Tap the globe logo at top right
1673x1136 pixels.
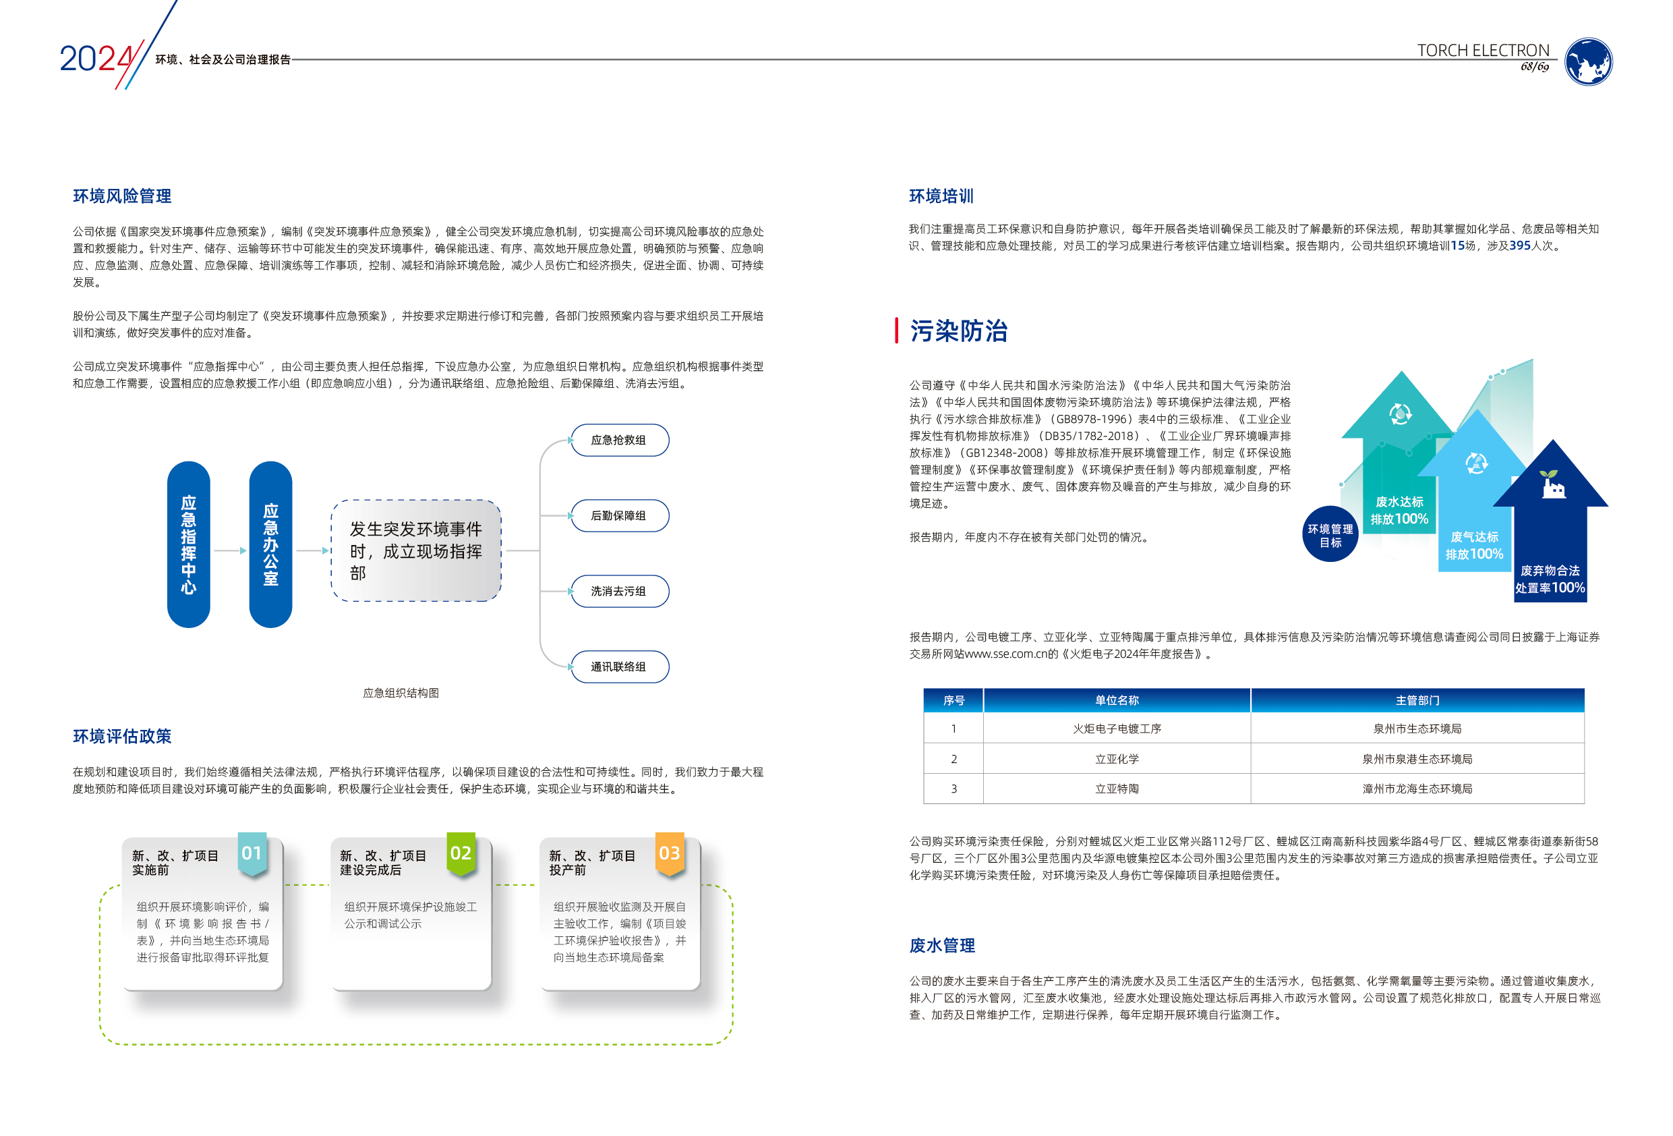[x=1588, y=62]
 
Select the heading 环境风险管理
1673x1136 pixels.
[x=121, y=196]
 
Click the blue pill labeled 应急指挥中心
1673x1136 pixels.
[x=189, y=544]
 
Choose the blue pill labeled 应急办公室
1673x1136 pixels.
[x=270, y=544]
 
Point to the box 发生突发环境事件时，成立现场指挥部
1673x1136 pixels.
[x=416, y=551]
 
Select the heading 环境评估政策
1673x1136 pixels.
[x=121, y=736]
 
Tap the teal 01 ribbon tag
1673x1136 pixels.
[x=252, y=853]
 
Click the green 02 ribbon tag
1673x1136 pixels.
[x=461, y=853]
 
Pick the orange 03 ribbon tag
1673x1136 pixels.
[x=670, y=853]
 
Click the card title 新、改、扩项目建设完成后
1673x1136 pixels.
[x=383, y=862]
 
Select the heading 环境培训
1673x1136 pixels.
[x=941, y=196]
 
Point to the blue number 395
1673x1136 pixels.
[x=1520, y=246]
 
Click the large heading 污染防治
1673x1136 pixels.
[x=958, y=331]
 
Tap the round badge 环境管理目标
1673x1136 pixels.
[x=1330, y=535]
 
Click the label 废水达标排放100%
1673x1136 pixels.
[x=1399, y=510]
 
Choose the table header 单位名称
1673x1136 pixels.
[x=1117, y=700]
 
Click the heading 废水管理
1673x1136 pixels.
[x=941, y=945]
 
